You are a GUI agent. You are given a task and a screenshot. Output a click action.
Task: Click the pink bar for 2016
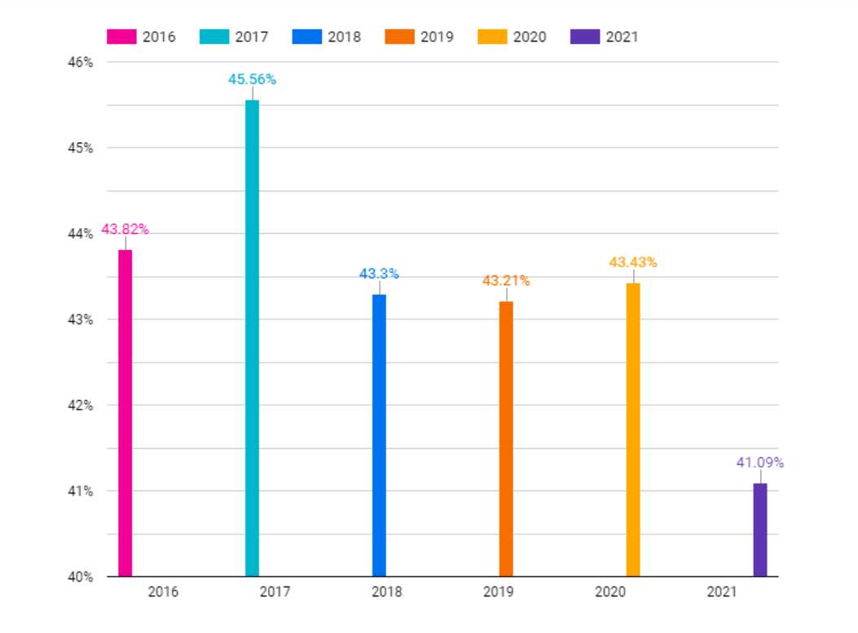(125, 413)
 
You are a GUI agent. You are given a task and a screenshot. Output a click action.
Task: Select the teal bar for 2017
(252, 338)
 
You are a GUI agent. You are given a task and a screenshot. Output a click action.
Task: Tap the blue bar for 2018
(379, 435)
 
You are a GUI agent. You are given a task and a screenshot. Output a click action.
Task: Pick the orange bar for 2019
(506, 439)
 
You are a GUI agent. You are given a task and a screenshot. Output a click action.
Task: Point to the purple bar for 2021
(760, 530)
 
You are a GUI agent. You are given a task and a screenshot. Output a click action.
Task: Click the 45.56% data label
(252, 80)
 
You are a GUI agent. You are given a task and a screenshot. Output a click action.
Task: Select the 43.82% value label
(125, 230)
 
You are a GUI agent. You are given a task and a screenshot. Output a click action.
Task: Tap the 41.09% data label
(760, 463)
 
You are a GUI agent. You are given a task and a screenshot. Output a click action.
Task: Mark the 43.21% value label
(506, 281)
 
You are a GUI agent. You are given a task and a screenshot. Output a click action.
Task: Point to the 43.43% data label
(633, 262)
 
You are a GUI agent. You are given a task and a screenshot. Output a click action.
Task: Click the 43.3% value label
(379, 274)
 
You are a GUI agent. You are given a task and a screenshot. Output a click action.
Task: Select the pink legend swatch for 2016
(122, 37)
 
